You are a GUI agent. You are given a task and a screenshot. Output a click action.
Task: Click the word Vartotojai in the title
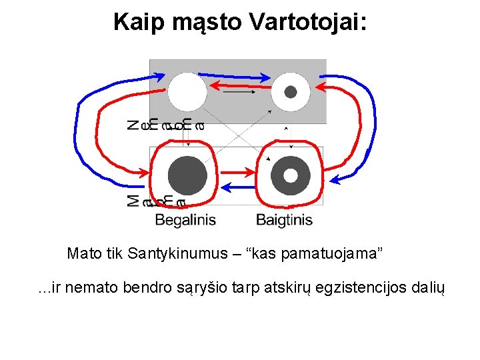click(308, 21)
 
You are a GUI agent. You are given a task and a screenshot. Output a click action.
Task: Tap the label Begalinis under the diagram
click(185, 219)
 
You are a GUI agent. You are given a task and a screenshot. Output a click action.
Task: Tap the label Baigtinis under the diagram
click(285, 219)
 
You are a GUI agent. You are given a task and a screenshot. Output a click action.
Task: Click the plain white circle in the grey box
click(187, 92)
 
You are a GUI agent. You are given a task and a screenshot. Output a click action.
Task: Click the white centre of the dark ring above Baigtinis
click(291, 175)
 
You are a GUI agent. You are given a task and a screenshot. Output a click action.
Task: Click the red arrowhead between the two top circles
click(217, 85)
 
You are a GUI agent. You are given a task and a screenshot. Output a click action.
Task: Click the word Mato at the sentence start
click(83, 254)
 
